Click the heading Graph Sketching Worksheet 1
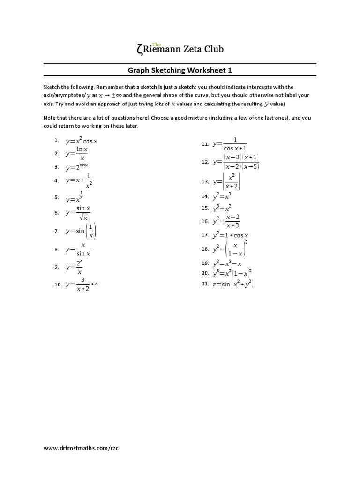180,70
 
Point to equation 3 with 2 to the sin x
77,166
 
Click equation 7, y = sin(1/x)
83,231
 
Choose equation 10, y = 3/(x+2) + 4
82,284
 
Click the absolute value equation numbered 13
226,181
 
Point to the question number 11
205,144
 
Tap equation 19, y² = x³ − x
227,263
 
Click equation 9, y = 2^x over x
77,267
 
